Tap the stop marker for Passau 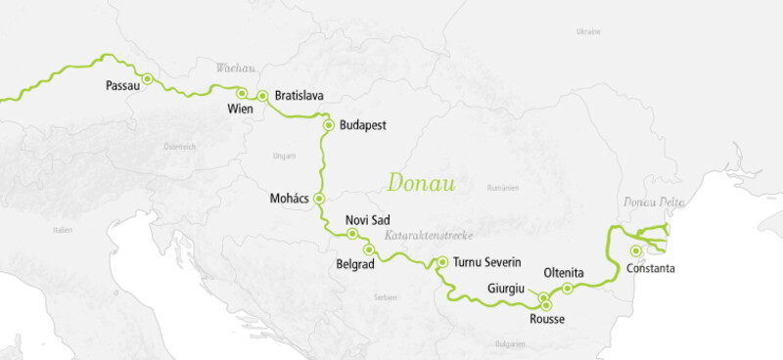[148, 78]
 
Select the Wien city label [240, 109]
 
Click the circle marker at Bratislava [262, 96]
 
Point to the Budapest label [364, 125]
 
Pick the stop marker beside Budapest [329, 124]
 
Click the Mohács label [290, 199]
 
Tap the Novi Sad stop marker [352, 234]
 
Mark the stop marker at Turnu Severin [442, 262]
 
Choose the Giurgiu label [508, 289]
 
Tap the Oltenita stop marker [568, 288]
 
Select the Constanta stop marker [637, 249]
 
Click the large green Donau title [424, 183]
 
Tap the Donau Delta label [655, 202]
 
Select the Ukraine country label [588, 31]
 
